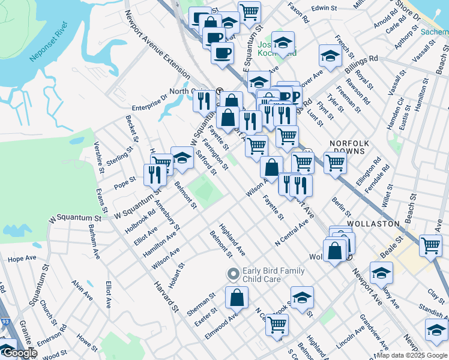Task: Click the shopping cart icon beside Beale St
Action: pyautogui.click(x=431, y=245)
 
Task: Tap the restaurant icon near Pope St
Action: pyautogui.click(x=155, y=174)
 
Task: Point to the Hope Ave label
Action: pyautogui.click(x=22, y=259)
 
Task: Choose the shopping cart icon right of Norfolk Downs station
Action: pyautogui.click(x=334, y=162)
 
